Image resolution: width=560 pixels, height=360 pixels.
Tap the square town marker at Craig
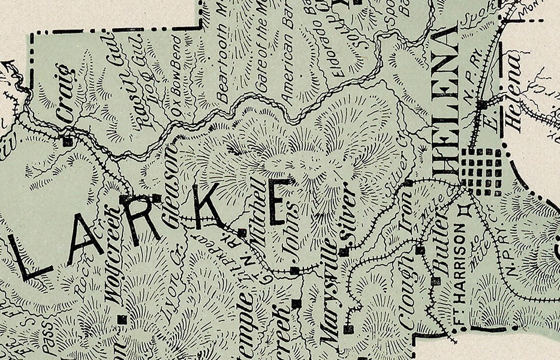tap(67, 142)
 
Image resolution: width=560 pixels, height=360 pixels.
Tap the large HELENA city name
tap(449, 105)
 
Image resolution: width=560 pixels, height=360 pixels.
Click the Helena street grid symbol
tap(481, 172)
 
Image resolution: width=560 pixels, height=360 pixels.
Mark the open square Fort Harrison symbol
tap(462, 211)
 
